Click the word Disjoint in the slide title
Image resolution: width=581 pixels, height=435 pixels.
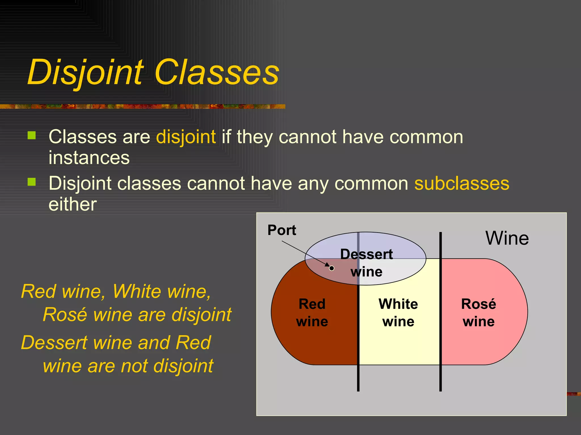pyautogui.click(x=85, y=72)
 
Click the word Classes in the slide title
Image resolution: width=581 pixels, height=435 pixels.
pyautogui.click(x=217, y=72)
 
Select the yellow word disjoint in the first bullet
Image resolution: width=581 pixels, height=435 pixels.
pyautogui.click(x=186, y=137)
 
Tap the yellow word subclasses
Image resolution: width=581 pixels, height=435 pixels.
pyautogui.click(x=462, y=184)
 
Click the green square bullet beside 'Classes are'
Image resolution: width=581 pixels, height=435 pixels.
pyautogui.click(x=32, y=135)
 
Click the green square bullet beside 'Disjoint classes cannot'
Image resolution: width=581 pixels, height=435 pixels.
pyautogui.click(x=32, y=182)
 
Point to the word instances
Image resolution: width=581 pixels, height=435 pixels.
pyautogui.click(x=89, y=158)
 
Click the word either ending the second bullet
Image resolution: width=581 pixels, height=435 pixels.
pyautogui.click(x=73, y=204)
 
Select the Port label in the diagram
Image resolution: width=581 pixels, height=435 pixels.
pyautogui.click(x=281, y=230)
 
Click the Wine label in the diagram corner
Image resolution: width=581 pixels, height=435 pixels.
pyautogui.click(x=507, y=238)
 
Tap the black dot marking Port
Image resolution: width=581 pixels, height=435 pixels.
pyautogui.click(x=331, y=268)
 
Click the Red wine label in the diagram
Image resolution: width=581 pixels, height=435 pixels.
pyautogui.click(x=312, y=313)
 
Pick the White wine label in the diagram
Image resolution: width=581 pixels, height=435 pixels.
pyautogui.click(x=398, y=313)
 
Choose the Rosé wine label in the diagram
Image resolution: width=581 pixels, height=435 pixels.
pyautogui.click(x=479, y=313)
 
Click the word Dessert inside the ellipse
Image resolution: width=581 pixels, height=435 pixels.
pyautogui.click(x=366, y=254)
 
